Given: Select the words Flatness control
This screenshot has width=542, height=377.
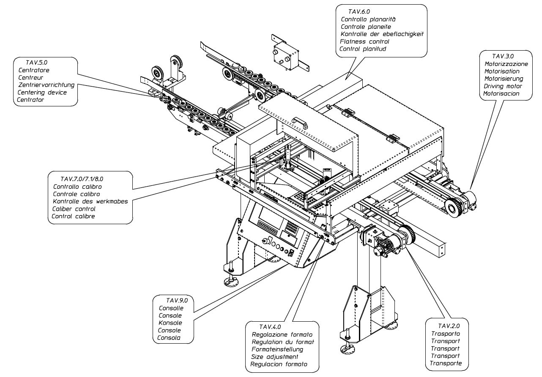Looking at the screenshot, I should [x=364, y=41].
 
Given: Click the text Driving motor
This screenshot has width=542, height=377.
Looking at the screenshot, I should [x=503, y=86].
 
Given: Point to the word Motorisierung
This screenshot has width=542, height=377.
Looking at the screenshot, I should [x=504, y=79].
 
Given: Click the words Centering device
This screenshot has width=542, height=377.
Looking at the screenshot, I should [x=42, y=92].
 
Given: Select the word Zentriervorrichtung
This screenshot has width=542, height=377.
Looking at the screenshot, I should [x=47, y=85].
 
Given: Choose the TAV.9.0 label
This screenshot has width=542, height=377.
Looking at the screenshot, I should [x=176, y=301].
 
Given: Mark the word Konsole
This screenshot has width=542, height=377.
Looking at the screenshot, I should [x=170, y=323].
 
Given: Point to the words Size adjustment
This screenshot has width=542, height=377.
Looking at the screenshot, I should [x=275, y=357].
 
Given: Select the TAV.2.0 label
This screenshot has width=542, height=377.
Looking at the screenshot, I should [x=449, y=326].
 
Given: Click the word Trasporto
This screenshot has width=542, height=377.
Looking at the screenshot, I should [x=445, y=334].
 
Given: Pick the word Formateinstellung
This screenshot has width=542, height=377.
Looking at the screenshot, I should [x=277, y=349].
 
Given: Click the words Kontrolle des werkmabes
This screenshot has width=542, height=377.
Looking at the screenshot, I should [x=90, y=201].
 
